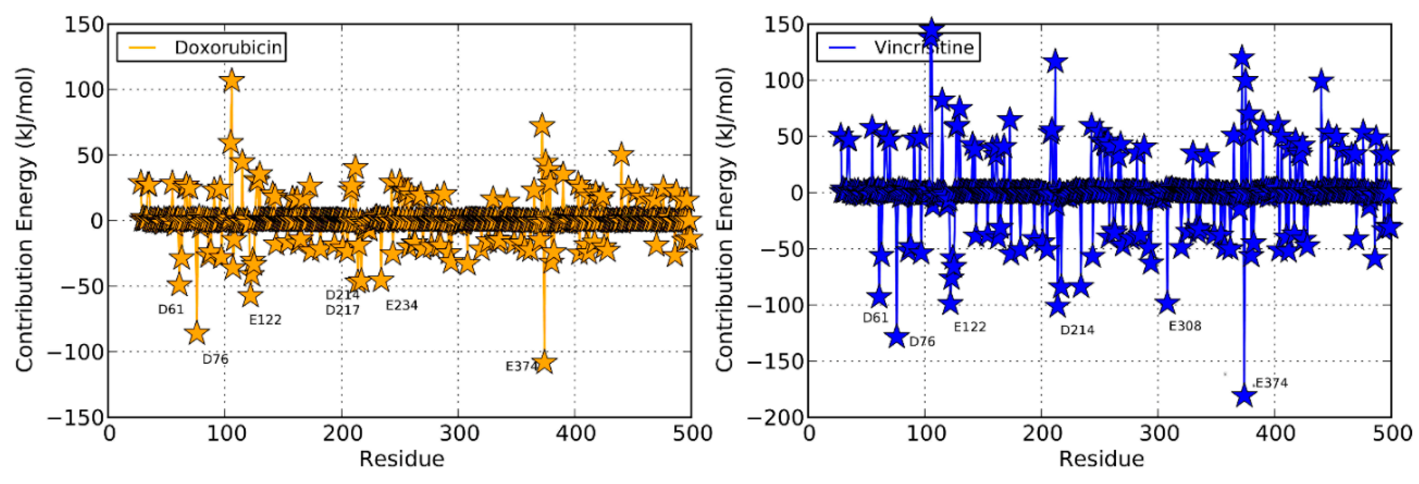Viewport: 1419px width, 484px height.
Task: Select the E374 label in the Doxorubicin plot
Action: [x=521, y=366]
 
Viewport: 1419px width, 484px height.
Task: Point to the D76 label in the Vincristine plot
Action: [x=921, y=342]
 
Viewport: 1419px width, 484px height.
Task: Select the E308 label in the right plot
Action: [x=1185, y=326]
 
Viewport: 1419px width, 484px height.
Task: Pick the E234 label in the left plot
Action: [x=402, y=305]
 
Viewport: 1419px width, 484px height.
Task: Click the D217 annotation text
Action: [x=342, y=310]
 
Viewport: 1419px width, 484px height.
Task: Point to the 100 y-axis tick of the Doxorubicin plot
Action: [x=84, y=89]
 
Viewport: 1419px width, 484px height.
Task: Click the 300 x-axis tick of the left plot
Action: [x=459, y=434]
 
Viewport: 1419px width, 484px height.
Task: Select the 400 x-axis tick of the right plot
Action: [x=1275, y=434]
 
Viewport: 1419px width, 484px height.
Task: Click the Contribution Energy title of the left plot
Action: [x=25, y=221]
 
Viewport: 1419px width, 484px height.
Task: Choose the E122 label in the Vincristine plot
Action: [x=969, y=327]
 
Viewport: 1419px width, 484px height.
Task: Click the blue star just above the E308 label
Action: [x=1167, y=303]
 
